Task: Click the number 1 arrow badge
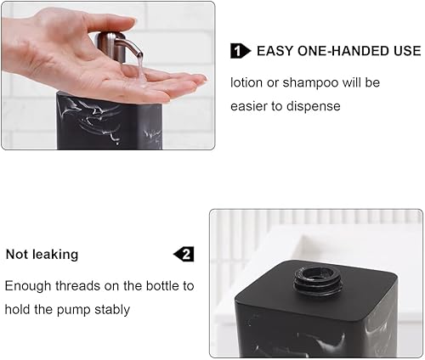click(x=241, y=51)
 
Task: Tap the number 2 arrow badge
click(x=184, y=254)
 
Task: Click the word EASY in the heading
click(x=275, y=51)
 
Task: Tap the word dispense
click(x=314, y=107)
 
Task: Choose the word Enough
click(x=28, y=286)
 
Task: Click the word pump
click(x=73, y=310)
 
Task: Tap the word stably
click(x=112, y=310)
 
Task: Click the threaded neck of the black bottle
click(x=318, y=281)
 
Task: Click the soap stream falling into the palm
click(x=140, y=70)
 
